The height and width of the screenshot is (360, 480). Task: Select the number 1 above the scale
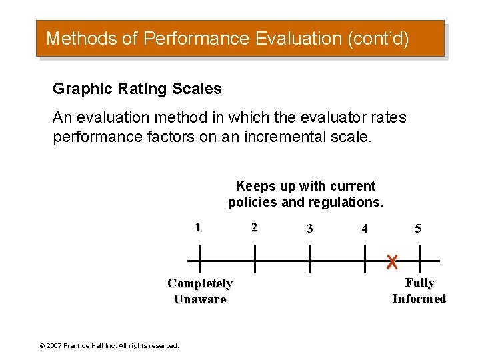pyautogui.click(x=198, y=227)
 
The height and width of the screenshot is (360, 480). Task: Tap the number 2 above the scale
pyautogui.click(x=253, y=227)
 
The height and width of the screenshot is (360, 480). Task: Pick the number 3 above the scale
pyautogui.click(x=309, y=229)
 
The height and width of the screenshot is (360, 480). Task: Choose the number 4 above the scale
pyautogui.click(x=364, y=229)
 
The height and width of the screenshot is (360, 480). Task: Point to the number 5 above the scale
pyautogui.click(x=418, y=229)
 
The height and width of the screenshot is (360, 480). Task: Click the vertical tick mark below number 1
pyautogui.click(x=199, y=259)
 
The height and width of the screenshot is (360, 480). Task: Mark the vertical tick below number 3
pyautogui.click(x=310, y=259)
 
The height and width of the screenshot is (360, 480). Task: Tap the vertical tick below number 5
pyautogui.click(x=420, y=259)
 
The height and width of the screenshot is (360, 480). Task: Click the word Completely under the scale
pyautogui.click(x=200, y=283)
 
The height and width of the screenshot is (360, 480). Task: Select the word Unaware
pyautogui.click(x=200, y=299)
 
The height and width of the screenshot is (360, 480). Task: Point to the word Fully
pyautogui.click(x=419, y=283)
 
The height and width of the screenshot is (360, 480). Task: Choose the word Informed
pyautogui.click(x=419, y=299)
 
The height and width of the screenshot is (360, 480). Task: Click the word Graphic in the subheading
pyautogui.click(x=75, y=89)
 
